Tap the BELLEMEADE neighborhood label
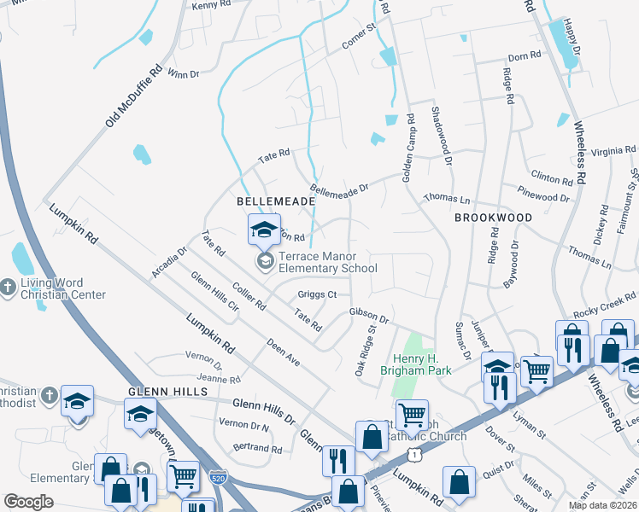(276, 200)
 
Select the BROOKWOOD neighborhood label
(493, 218)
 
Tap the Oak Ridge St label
(366, 350)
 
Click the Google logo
(29, 502)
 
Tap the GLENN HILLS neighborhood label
(167, 391)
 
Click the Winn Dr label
(184, 74)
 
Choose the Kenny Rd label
(206, 6)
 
